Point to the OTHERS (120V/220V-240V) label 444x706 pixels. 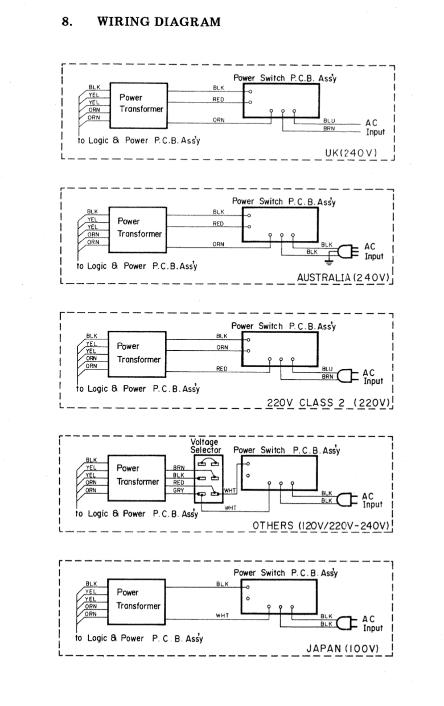[320, 526]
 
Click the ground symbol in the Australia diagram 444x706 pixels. [329, 261]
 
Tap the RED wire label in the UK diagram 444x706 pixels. [219, 100]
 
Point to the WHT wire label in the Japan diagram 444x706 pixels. [222, 615]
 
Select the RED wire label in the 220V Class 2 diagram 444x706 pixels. [222, 369]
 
